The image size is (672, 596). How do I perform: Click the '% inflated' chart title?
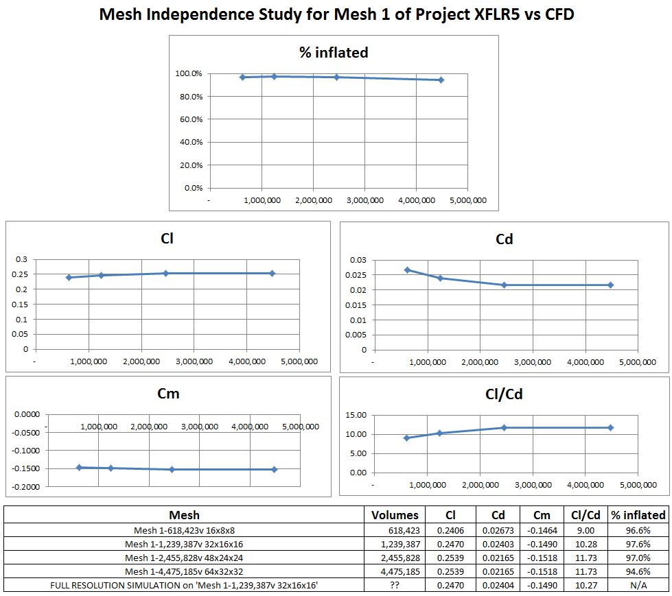334,53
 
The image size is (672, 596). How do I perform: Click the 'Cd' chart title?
504,239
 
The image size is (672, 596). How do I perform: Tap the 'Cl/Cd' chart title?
504,394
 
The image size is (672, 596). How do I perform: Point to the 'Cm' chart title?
168,394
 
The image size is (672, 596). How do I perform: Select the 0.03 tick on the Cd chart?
358,260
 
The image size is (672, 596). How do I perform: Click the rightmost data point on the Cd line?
610,285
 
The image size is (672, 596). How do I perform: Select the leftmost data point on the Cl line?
69,277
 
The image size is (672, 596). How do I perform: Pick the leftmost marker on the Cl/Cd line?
406,438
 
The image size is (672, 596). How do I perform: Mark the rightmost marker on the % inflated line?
441,80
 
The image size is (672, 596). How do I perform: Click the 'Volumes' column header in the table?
395,515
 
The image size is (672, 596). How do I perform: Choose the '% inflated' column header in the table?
638,515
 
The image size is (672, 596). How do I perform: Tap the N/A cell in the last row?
638,585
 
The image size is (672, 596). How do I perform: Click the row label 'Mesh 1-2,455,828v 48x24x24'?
185,558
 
